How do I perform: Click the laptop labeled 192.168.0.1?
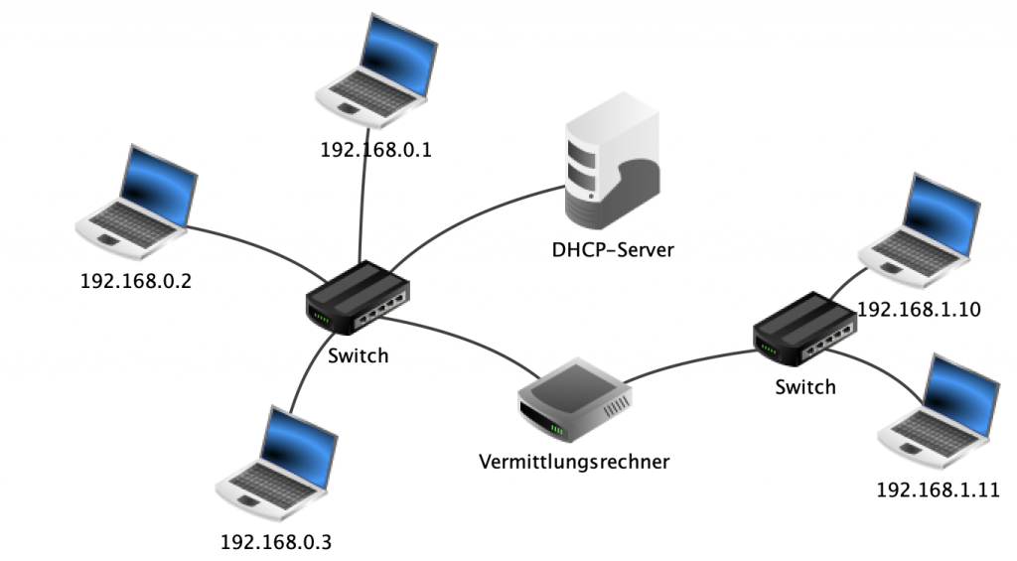(x=376, y=75)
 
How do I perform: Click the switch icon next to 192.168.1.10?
(x=803, y=329)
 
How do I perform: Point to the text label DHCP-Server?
(x=613, y=250)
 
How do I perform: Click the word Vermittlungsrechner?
(x=574, y=462)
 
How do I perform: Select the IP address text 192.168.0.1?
(x=377, y=151)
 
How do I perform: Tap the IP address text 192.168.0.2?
(x=135, y=281)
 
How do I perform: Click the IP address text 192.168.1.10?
(x=919, y=309)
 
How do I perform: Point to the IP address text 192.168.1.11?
(x=937, y=490)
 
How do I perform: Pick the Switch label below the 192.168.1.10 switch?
(x=804, y=386)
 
